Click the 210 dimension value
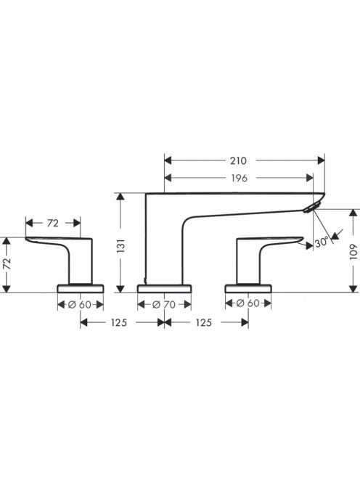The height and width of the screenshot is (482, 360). (x=238, y=160)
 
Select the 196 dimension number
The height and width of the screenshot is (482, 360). (x=239, y=178)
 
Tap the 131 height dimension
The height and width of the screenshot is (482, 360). (x=122, y=245)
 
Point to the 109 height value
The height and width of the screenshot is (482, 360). (x=354, y=252)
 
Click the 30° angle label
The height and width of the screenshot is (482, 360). (x=322, y=243)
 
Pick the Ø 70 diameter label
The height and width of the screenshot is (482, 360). (x=164, y=305)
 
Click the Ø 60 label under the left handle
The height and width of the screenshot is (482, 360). (x=80, y=305)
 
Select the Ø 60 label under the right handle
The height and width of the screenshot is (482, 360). (x=248, y=303)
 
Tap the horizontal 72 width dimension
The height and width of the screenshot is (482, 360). (x=53, y=223)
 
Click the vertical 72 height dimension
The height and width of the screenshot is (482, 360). (x=7, y=264)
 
